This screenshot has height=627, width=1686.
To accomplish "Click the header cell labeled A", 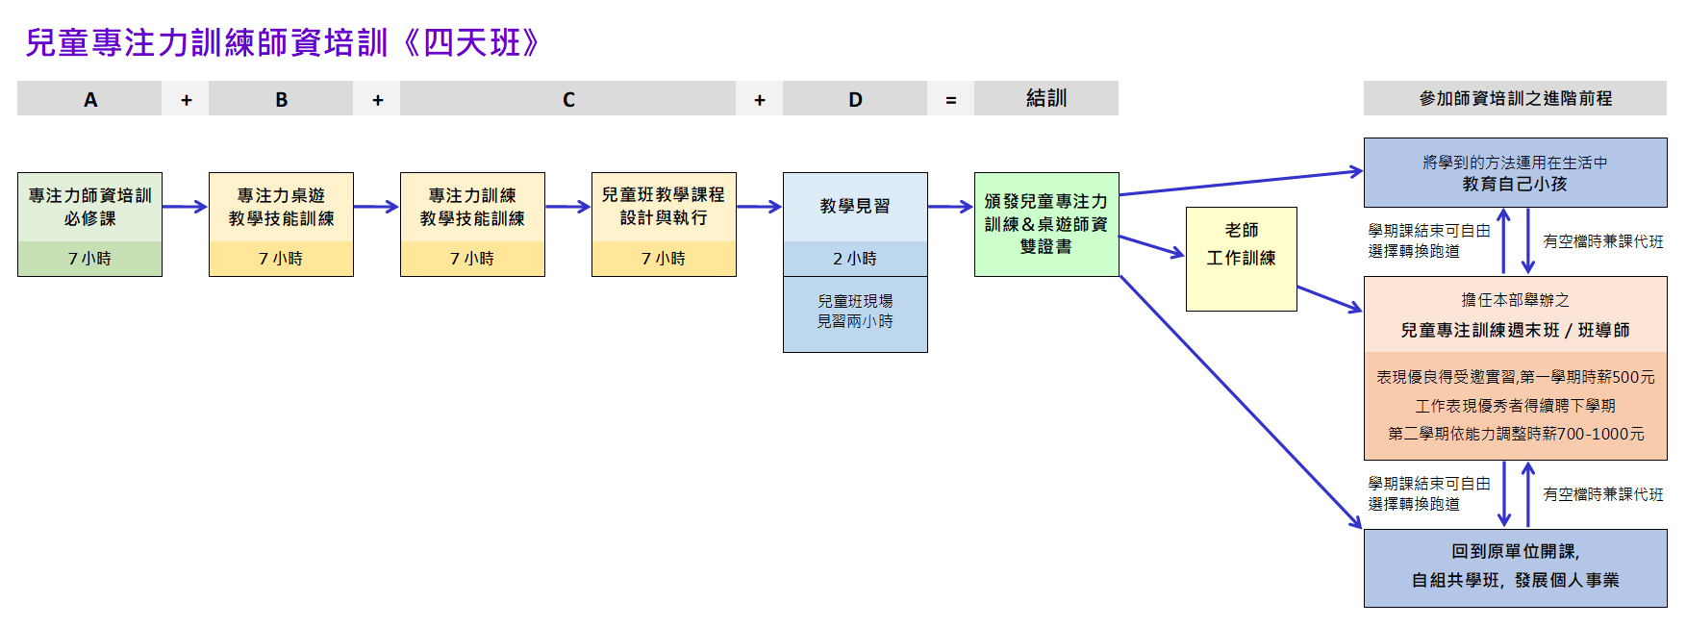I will click(x=89, y=99).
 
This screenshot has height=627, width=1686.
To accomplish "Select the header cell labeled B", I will click(x=281, y=99).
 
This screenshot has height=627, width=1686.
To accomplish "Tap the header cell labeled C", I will click(x=567, y=99).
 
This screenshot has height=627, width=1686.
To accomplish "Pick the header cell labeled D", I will click(x=855, y=99).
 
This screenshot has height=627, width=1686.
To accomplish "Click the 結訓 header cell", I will click(x=1045, y=99).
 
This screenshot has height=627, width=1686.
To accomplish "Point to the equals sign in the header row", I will click(x=950, y=100).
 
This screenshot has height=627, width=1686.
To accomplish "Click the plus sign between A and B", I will click(x=186, y=100).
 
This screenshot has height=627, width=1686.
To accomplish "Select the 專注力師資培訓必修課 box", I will click(x=89, y=208).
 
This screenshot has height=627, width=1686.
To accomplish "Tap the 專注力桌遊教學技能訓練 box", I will click(x=281, y=208).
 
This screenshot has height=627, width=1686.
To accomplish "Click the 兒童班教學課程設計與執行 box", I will click(x=664, y=208).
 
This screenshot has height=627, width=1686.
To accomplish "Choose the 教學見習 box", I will click(x=855, y=207).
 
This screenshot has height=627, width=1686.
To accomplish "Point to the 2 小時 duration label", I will click(x=855, y=259).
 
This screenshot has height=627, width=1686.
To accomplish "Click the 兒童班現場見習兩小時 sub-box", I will click(x=855, y=313).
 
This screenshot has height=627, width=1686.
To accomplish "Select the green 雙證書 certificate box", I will click(x=1045, y=224).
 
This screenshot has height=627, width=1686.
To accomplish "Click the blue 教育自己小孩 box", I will click(x=1515, y=173).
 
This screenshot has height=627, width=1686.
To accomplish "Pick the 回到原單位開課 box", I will click(x=1515, y=566).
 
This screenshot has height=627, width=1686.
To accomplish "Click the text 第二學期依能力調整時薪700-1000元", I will click(x=1515, y=434).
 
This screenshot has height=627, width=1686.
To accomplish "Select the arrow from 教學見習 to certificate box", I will click(x=950, y=206).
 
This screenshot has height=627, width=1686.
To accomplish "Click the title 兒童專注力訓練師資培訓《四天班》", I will click(x=284, y=43).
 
